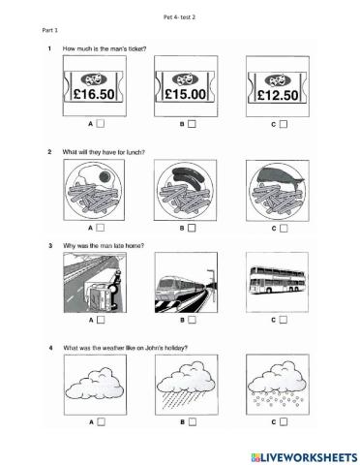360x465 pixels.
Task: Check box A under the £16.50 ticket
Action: tap(100, 124)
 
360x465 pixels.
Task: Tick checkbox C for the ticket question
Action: tap(284, 124)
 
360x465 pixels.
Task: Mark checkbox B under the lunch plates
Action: tap(192, 228)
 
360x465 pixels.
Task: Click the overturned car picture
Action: tap(95, 284)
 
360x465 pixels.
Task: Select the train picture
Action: tap(187, 284)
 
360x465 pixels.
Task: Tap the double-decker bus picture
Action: tap(279, 284)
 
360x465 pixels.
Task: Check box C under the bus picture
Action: tap(284, 320)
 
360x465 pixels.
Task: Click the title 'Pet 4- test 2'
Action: tap(179, 17)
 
